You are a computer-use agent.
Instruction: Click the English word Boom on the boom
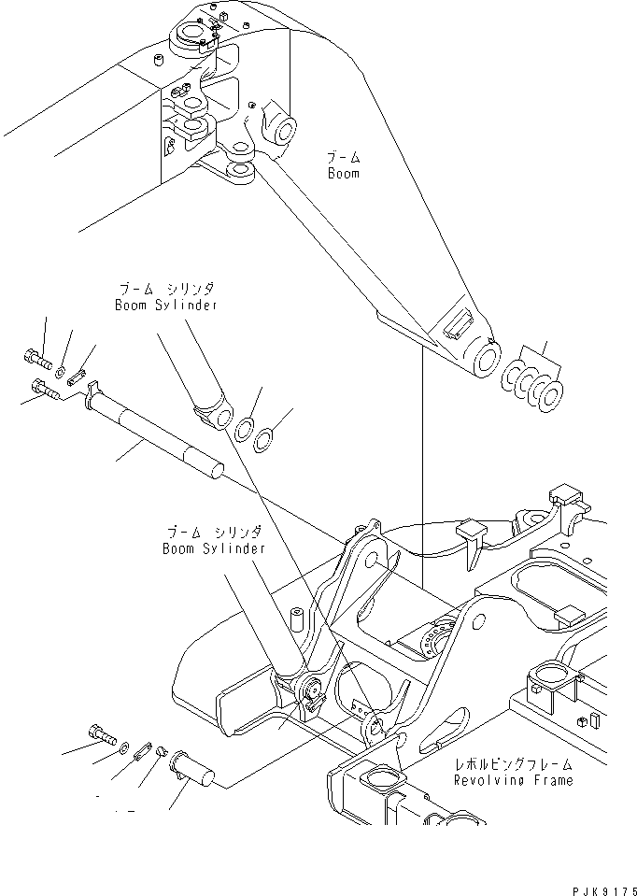tap(343, 174)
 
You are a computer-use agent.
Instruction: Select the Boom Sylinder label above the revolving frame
tap(213, 548)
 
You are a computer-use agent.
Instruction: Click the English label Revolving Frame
tap(513, 779)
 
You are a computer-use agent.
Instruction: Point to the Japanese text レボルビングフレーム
tap(513, 763)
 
